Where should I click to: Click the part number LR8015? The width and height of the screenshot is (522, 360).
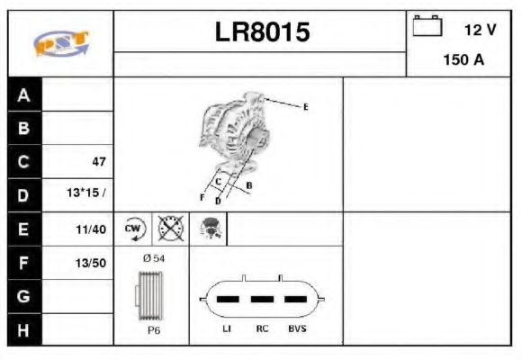tap(262, 33)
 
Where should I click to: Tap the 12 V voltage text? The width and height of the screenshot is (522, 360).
tap(480, 30)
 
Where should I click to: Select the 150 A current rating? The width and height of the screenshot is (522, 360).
tap(464, 61)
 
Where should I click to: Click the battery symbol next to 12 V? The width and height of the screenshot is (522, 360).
tap(427, 28)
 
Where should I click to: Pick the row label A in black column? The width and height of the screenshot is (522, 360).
tap(24, 95)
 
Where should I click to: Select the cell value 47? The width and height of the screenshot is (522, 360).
tap(98, 162)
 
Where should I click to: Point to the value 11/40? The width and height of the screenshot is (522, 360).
tap(92, 229)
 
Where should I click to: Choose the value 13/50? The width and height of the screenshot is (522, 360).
tap(92, 263)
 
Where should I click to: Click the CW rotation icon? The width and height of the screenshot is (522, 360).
tap(134, 229)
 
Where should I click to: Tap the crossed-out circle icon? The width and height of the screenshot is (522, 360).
tap(169, 229)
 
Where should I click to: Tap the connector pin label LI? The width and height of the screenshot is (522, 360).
tap(227, 329)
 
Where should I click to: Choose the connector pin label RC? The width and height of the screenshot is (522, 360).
tap(262, 329)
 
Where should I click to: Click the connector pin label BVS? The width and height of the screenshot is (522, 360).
tap(296, 329)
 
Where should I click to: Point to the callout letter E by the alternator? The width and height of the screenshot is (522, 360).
tap(305, 107)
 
